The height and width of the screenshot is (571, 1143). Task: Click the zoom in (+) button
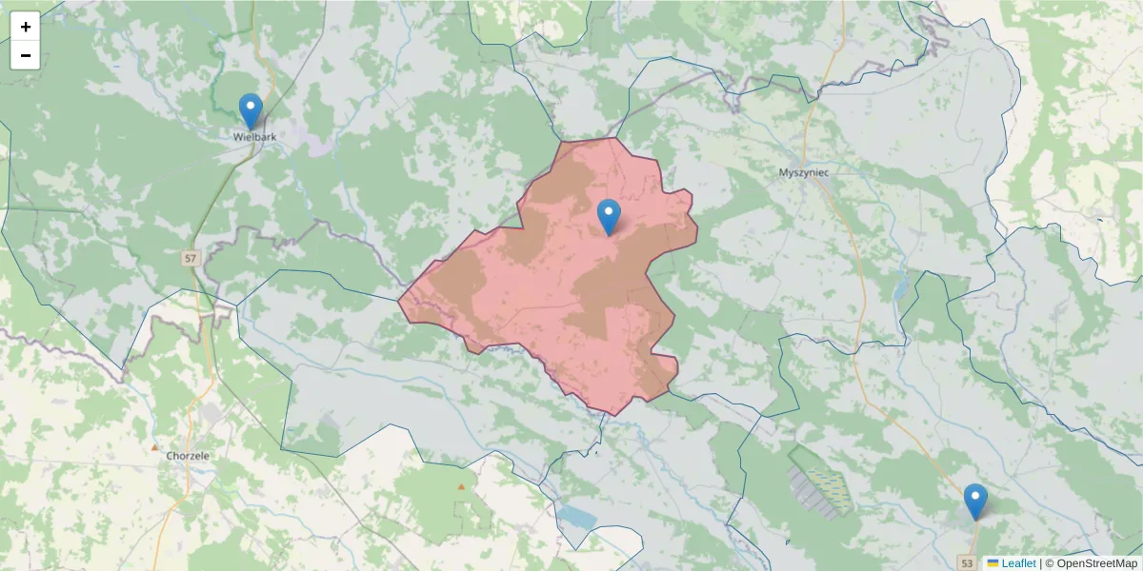tap(26, 27)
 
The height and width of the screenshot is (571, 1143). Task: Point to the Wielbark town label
tap(254, 137)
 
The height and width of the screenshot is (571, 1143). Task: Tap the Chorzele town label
tap(188, 456)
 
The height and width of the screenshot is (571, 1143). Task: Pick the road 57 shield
tap(191, 258)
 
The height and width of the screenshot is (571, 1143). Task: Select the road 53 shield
tap(968, 562)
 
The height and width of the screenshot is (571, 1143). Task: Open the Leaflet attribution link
tap(1018, 563)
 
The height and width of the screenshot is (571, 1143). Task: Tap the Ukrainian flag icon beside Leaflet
tap(993, 563)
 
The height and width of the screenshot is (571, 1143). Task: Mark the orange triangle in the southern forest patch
tap(462, 486)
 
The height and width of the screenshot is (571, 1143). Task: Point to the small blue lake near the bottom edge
tap(576, 517)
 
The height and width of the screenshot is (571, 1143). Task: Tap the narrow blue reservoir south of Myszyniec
tap(901, 285)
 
